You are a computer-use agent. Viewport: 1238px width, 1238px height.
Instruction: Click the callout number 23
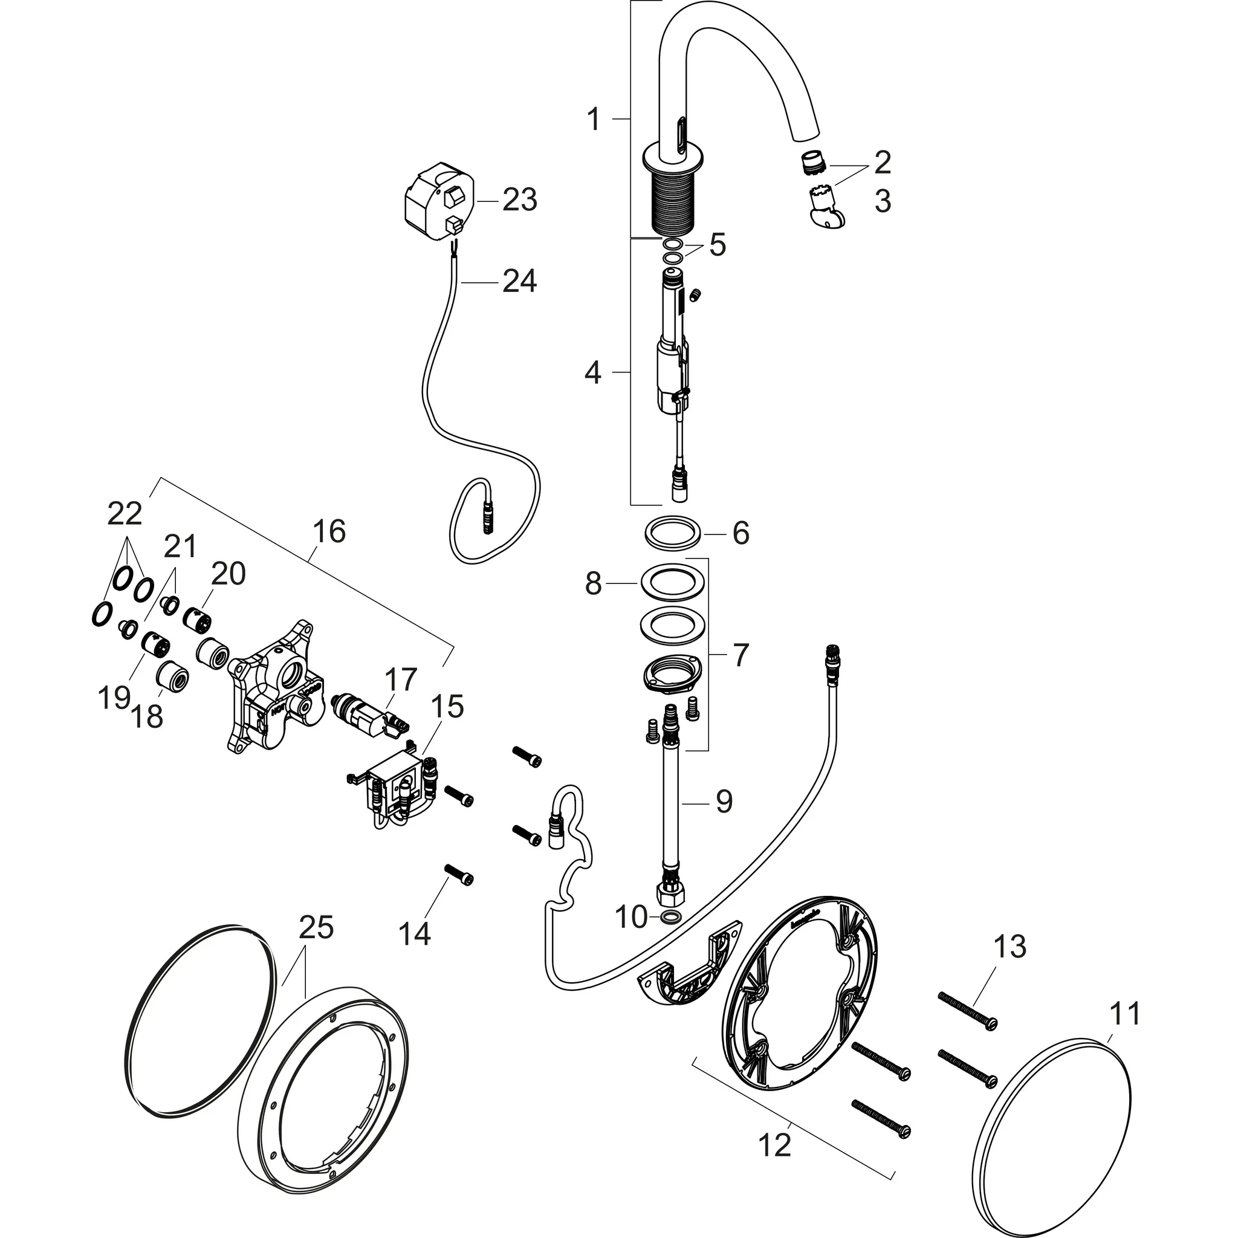(519, 201)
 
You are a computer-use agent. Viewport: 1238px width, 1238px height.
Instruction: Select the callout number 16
(329, 532)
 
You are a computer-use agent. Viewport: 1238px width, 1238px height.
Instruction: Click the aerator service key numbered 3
(824, 204)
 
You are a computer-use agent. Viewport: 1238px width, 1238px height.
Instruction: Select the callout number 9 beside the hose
(724, 802)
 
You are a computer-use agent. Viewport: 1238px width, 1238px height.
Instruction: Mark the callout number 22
(125, 513)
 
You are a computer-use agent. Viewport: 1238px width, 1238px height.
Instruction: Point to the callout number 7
(741, 654)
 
